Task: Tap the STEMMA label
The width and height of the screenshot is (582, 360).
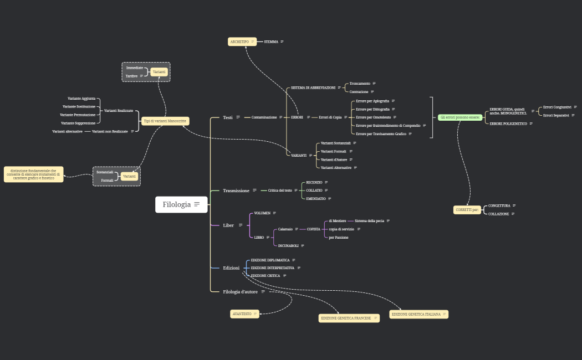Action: [x=271, y=42]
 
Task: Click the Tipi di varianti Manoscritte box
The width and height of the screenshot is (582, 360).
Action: [x=165, y=121]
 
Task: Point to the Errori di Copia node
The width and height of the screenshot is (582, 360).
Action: [x=330, y=117]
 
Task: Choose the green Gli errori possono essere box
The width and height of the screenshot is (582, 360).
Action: [x=460, y=117]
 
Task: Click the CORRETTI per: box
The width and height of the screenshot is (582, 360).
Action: [x=467, y=210]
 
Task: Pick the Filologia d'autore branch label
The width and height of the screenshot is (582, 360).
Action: [x=240, y=291]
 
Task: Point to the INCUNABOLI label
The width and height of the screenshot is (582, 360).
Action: [x=288, y=245]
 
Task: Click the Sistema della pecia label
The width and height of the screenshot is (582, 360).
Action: [x=369, y=220]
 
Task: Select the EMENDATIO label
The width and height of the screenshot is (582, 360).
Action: [x=316, y=198]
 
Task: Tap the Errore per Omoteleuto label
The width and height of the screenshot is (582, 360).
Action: [x=373, y=117]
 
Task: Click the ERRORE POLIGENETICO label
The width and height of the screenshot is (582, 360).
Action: [x=507, y=124]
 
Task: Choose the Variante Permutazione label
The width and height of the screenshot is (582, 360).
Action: [x=78, y=115]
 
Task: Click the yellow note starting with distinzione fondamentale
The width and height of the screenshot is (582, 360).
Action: [x=33, y=174]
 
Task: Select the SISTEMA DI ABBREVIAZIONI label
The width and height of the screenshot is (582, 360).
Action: [x=313, y=88]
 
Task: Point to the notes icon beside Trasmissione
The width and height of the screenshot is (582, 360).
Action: [x=254, y=191]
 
